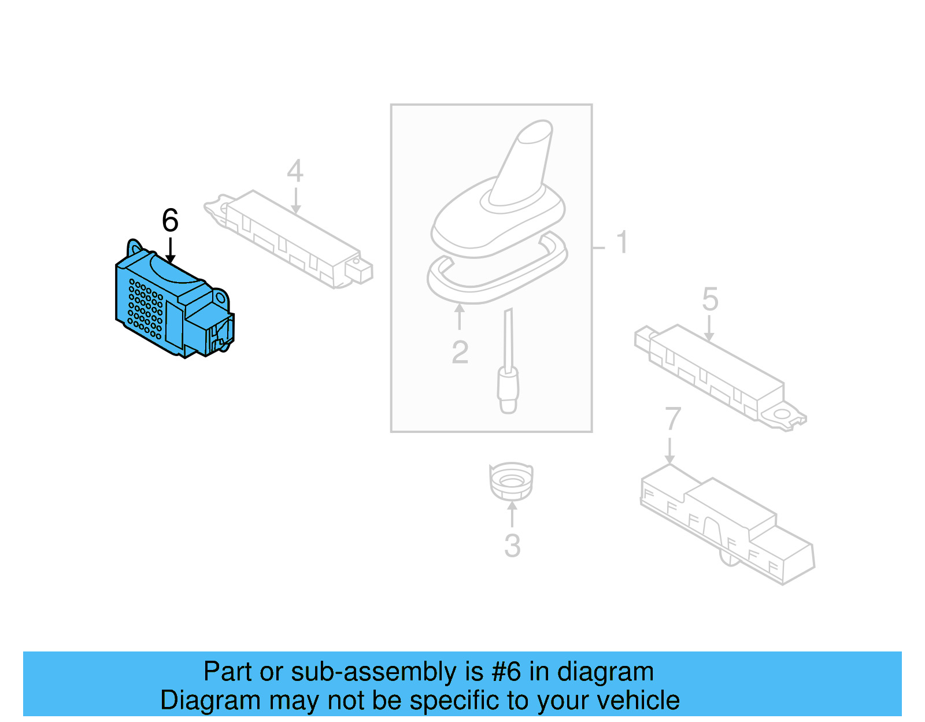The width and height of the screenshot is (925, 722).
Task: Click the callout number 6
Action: click(171, 220)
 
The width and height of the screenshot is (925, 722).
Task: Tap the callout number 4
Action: click(295, 171)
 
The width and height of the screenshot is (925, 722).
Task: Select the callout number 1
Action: click(622, 242)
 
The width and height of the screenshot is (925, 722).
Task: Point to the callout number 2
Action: click(460, 352)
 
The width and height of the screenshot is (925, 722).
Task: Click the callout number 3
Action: click(513, 546)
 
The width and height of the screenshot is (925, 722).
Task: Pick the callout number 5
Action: click(710, 299)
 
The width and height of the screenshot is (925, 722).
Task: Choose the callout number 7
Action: click(673, 419)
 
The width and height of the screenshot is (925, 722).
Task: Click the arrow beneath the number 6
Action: click(171, 250)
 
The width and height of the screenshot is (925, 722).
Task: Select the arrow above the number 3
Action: click(512, 515)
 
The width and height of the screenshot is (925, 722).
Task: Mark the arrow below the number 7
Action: click(669, 451)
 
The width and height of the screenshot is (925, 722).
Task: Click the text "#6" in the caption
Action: click(506, 672)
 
